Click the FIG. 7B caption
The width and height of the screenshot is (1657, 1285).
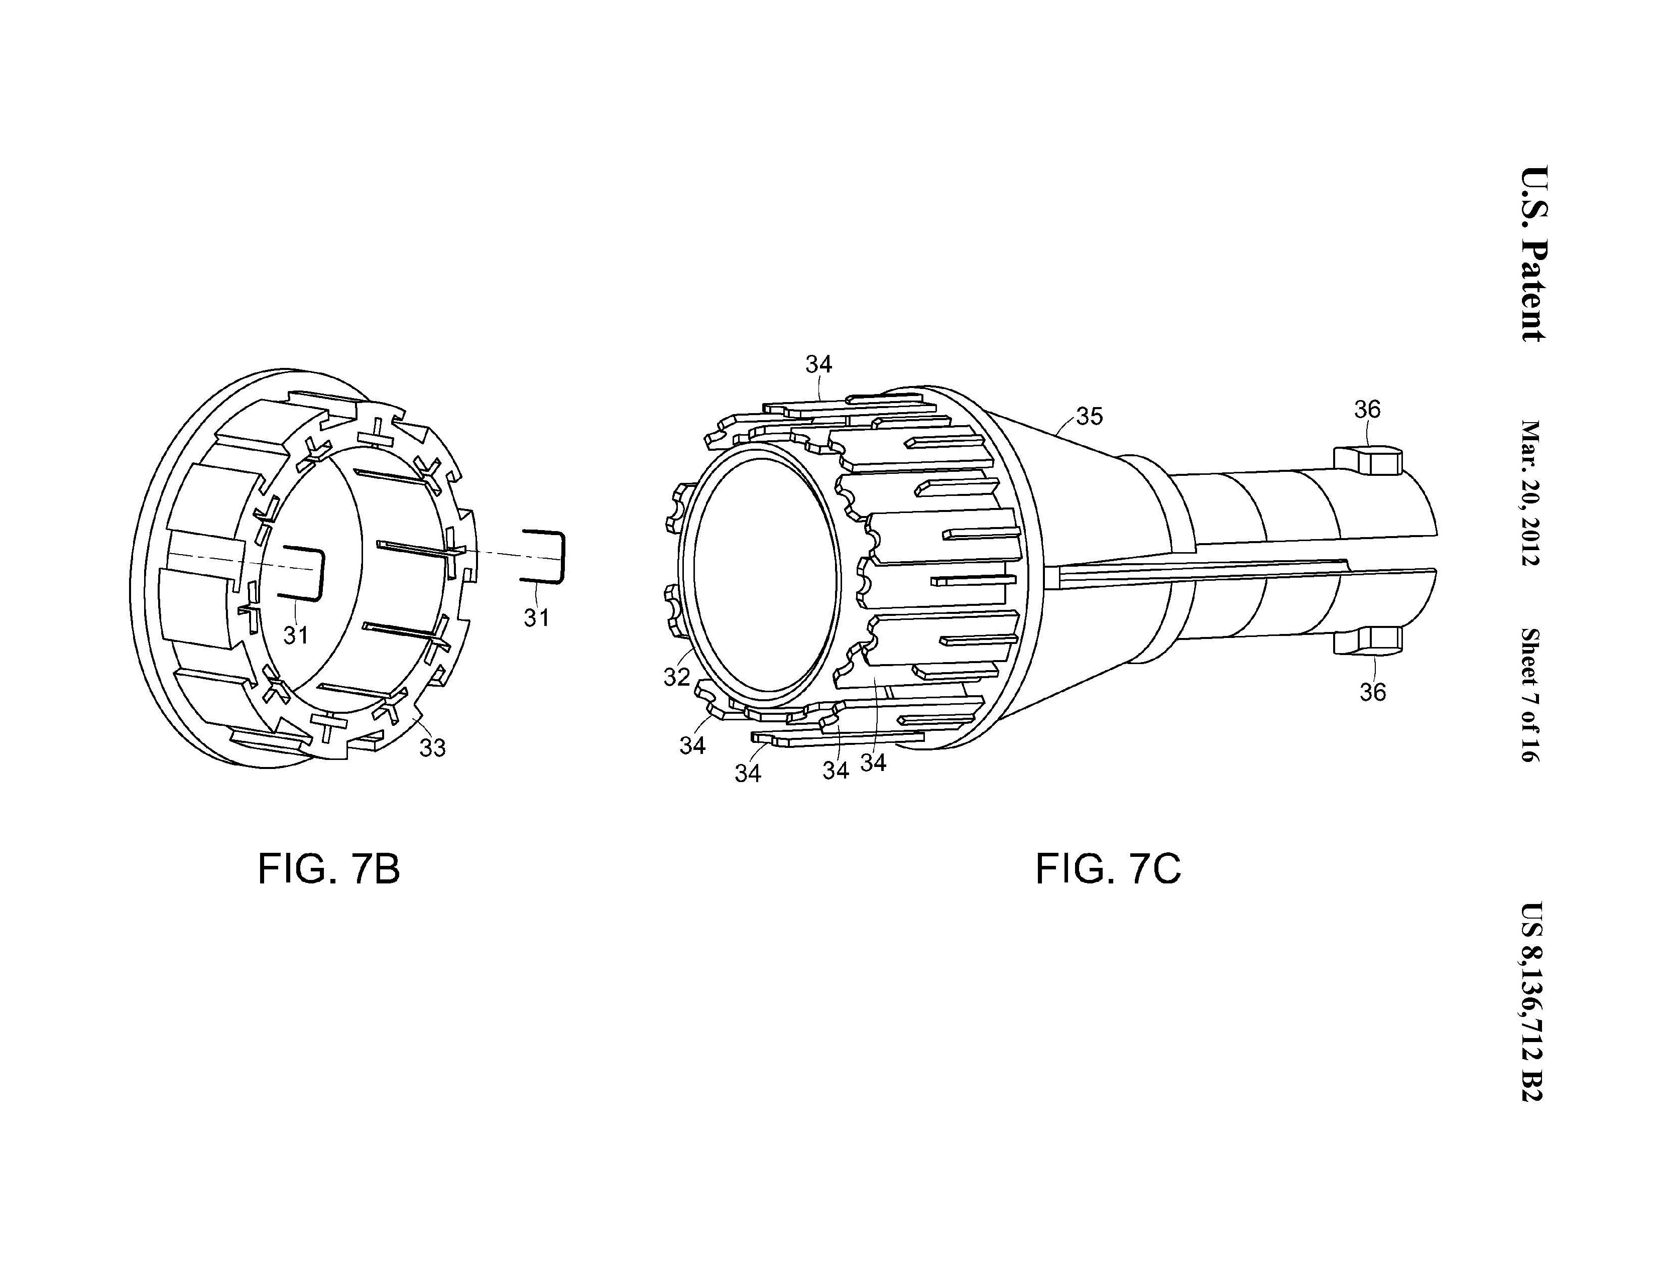click(328, 869)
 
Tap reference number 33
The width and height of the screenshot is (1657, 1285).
click(432, 748)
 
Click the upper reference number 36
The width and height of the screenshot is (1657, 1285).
click(1367, 410)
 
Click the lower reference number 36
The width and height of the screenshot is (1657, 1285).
click(1372, 692)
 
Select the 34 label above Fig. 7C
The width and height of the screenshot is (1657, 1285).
click(818, 365)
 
